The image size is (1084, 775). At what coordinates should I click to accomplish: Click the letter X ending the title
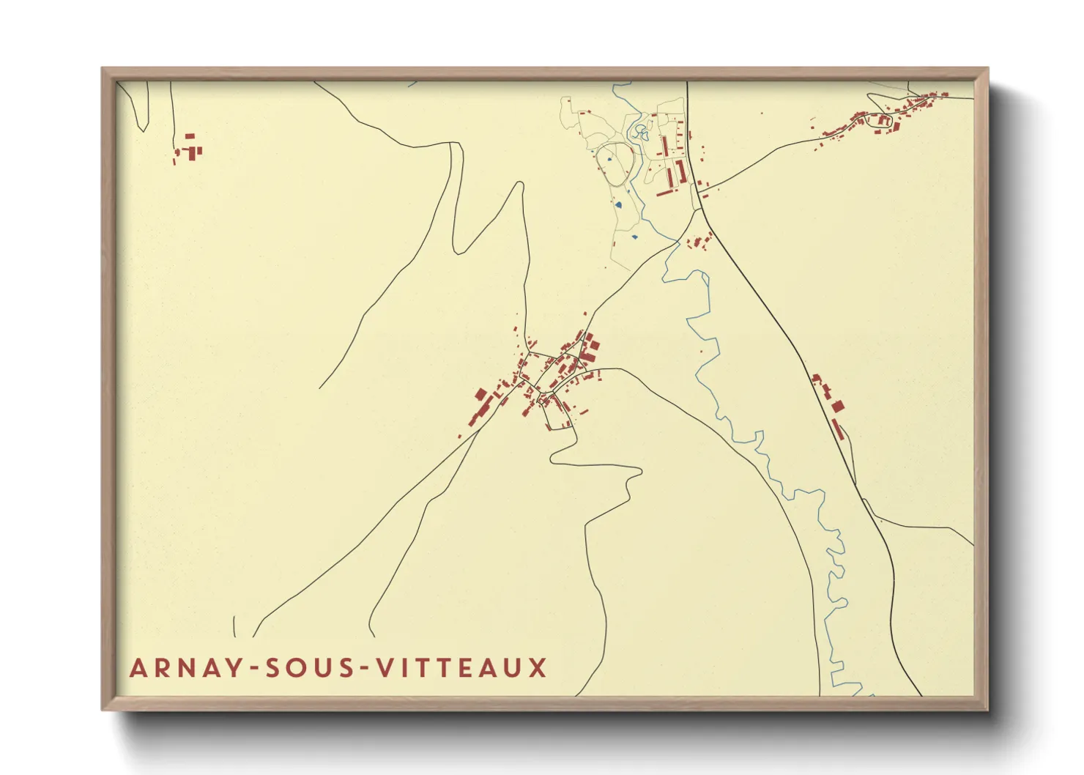(538, 668)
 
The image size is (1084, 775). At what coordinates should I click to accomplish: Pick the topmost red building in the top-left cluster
(190, 136)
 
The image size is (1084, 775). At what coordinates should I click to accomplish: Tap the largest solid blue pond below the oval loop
(618, 205)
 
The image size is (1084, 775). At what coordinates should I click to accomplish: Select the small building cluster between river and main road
(699, 240)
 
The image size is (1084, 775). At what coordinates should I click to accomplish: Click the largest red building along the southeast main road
(837, 406)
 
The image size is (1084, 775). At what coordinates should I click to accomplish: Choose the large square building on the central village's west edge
(480, 395)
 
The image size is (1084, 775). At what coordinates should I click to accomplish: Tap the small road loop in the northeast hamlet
(879, 122)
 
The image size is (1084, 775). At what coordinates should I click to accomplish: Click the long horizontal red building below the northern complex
(665, 193)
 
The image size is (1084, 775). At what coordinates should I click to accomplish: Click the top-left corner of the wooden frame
(103, 70)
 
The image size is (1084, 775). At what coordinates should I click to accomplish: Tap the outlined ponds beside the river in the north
(642, 132)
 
